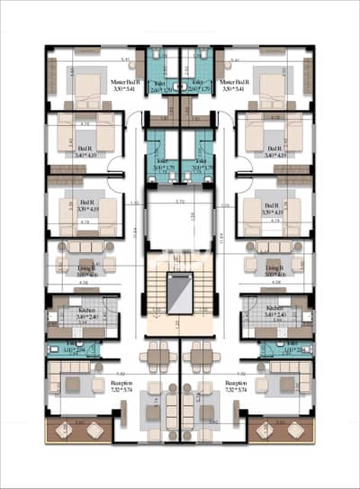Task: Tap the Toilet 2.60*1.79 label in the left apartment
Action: coord(161,86)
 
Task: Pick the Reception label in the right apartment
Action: coord(238,385)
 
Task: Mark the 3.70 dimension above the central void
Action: coord(179,202)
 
